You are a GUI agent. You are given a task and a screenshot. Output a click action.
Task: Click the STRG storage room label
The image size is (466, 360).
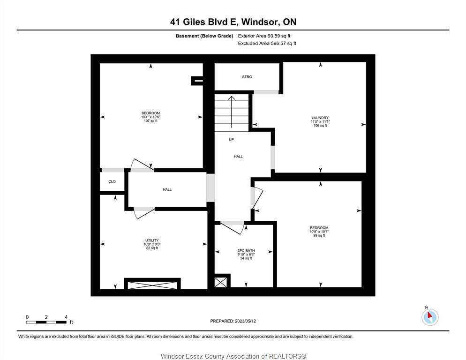pyautogui.click(x=247, y=77)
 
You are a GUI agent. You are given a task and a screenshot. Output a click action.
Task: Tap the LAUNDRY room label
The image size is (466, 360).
pyautogui.click(x=320, y=118)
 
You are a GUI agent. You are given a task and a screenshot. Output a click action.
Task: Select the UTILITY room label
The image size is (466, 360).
pyautogui.click(x=152, y=240)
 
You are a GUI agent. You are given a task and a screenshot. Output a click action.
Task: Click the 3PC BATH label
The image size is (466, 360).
pyautogui.click(x=246, y=251)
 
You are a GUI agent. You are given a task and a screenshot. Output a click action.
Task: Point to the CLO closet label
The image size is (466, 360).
pyautogui.click(x=112, y=181)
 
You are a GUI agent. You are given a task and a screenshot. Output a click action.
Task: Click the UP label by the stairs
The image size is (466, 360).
pyautogui.click(x=231, y=139)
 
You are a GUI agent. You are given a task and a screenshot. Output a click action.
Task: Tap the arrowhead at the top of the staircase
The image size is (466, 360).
pyautogui.click(x=232, y=98)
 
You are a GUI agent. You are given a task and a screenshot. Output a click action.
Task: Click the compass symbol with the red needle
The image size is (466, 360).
pyautogui.click(x=430, y=316)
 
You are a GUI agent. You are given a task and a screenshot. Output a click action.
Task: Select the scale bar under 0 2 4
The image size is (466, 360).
pyautogui.click(x=46, y=322)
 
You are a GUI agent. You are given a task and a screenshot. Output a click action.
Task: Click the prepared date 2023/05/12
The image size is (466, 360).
pyautogui.click(x=246, y=321)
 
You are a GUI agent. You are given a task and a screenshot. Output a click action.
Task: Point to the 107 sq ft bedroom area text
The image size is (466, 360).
pyautogui.click(x=150, y=120)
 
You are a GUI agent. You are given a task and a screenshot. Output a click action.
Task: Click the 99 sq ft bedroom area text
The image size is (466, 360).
pyautogui.click(x=319, y=235)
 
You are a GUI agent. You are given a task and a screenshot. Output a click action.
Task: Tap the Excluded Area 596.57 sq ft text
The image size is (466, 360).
pyautogui.click(x=267, y=44)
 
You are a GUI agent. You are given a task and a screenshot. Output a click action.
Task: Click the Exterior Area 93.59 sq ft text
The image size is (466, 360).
pyautogui.click(x=264, y=36)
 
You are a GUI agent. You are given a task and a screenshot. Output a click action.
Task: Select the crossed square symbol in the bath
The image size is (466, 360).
pyautogui.click(x=220, y=282)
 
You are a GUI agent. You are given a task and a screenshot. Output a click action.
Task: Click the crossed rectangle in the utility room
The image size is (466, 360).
pyautogui.click(x=152, y=285)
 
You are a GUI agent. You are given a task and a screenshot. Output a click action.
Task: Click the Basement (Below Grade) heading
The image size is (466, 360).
pyautogui.click(x=204, y=36)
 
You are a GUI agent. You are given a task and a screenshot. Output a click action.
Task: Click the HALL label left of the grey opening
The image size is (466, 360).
pyautogui.click(x=167, y=189)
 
